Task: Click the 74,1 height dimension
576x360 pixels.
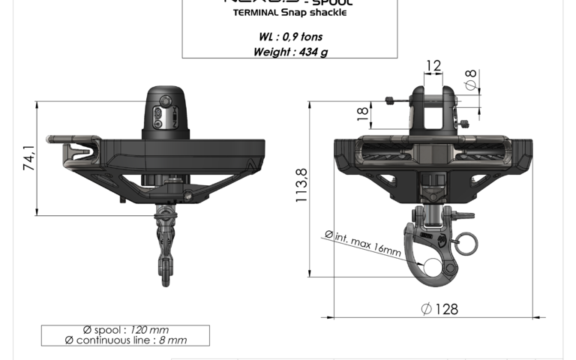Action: pyautogui.click(x=28, y=159)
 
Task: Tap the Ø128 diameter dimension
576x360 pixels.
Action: pyautogui.click(x=439, y=309)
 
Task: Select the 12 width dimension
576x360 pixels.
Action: pyautogui.click(x=433, y=66)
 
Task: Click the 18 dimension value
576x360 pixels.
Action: pyautogui.click(x=362, y=114)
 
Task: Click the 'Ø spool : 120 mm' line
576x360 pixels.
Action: pyautogui.click(x=125, y=330)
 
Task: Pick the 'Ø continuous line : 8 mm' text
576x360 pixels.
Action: pyautogui.click(x=125, y=340)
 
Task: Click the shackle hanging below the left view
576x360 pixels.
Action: pyautogui.click(x=164, y=244)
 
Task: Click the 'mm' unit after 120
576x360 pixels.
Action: pyautogui.click(x=160, y=330)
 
